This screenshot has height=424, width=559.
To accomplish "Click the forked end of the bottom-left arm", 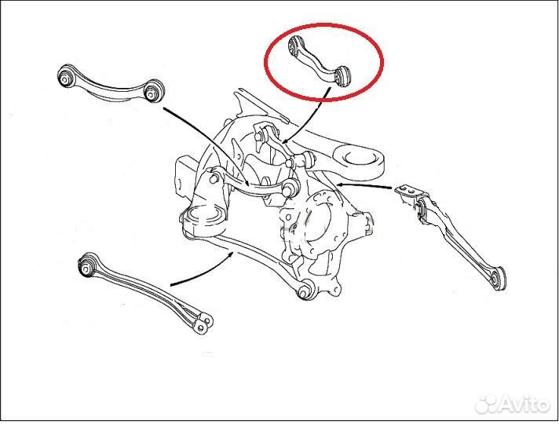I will click(x=203, y=321).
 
